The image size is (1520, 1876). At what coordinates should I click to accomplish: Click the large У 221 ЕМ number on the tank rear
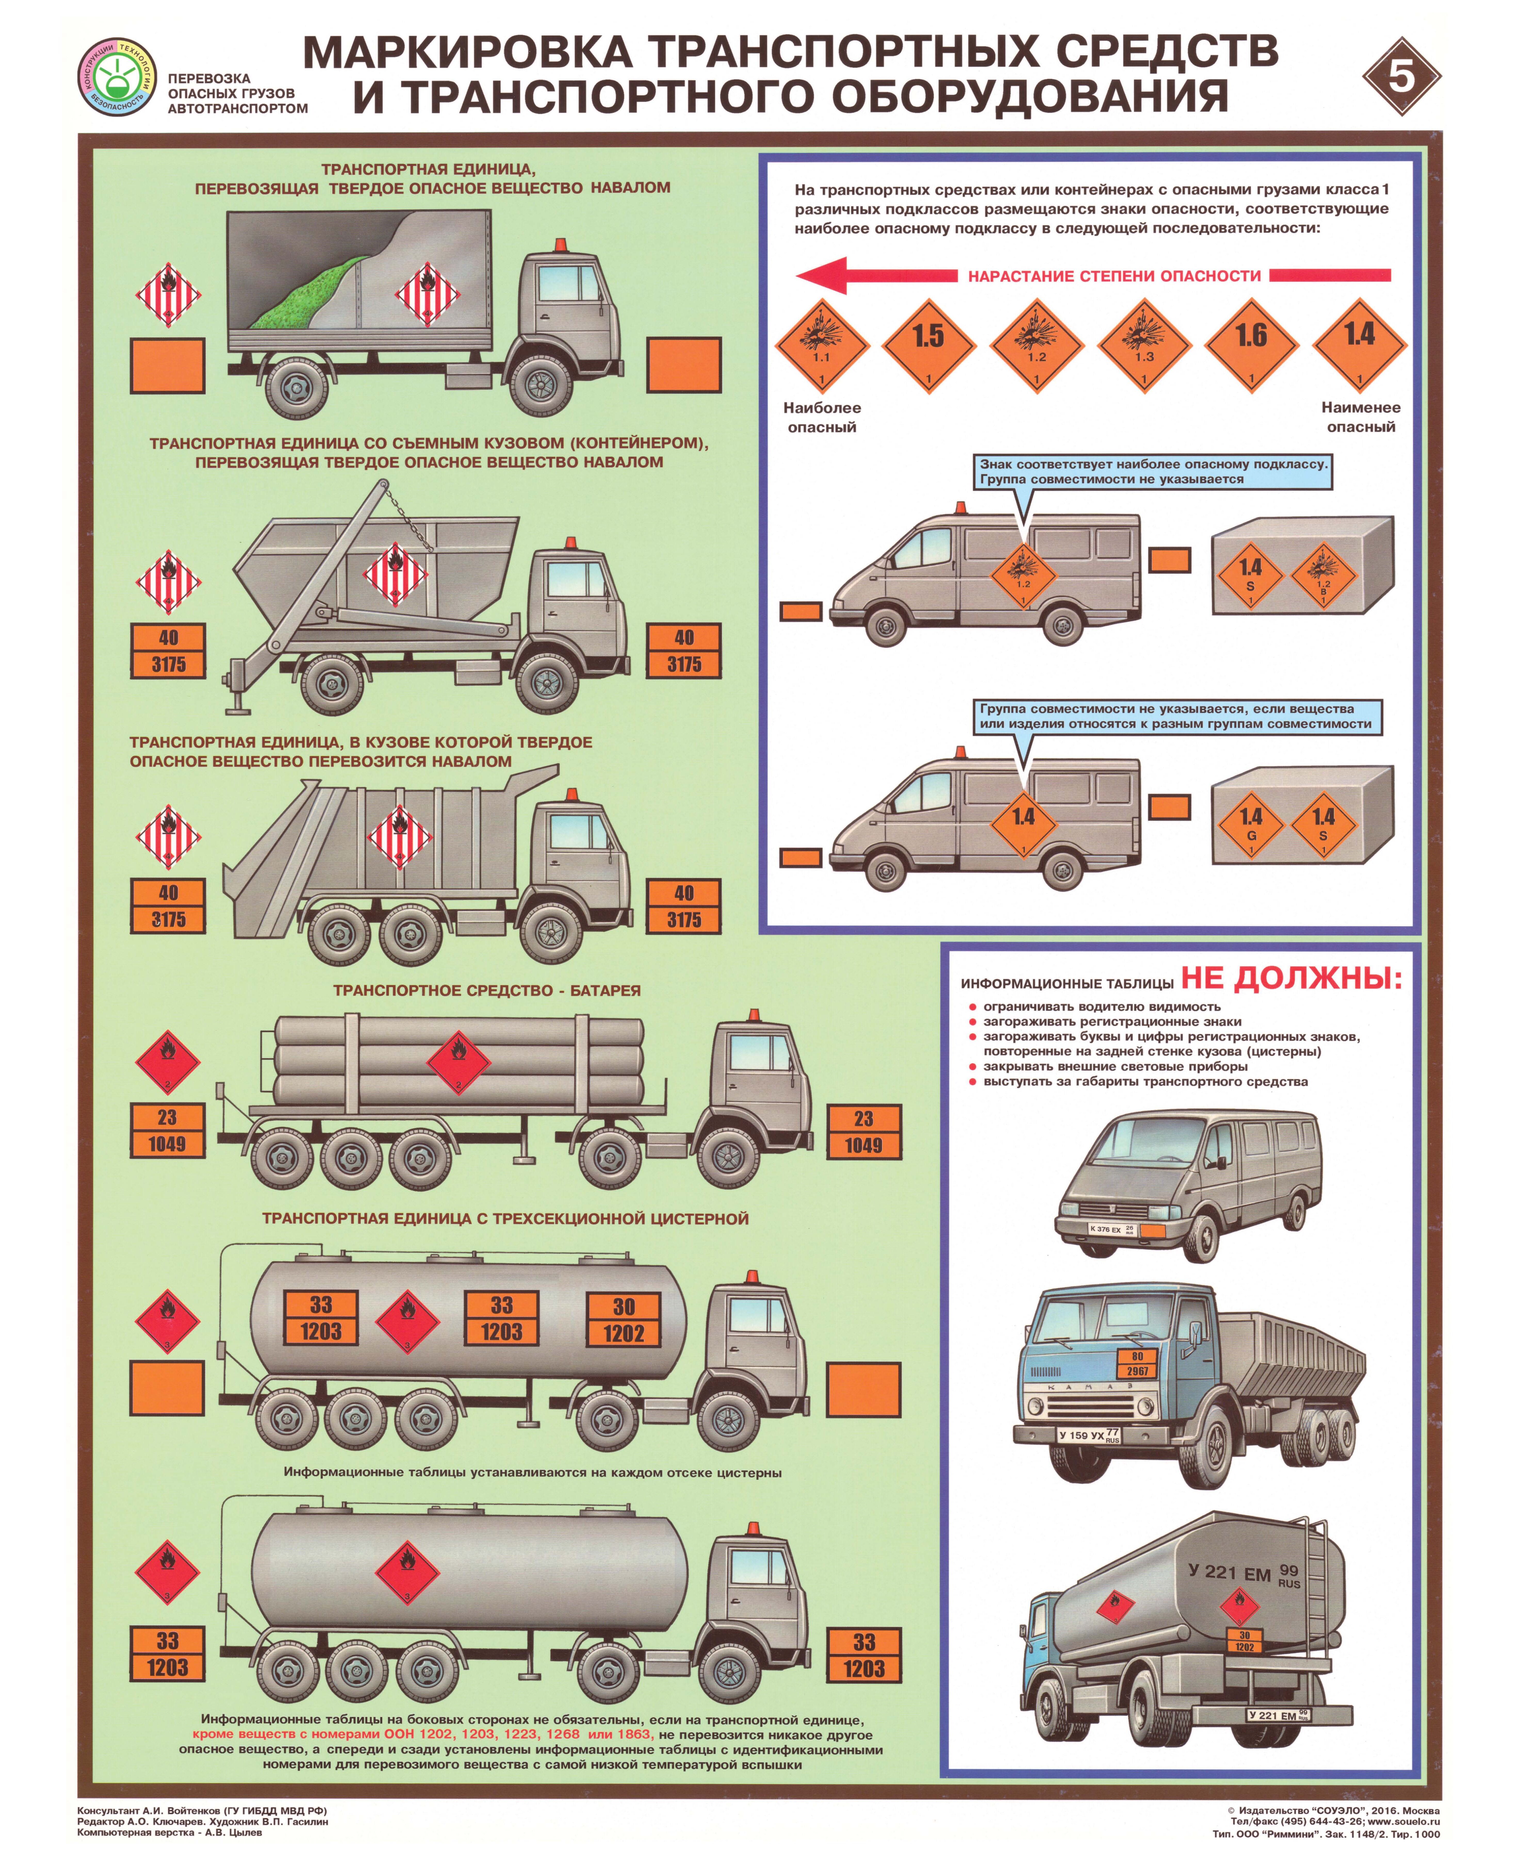(x=1229, y=1573)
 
